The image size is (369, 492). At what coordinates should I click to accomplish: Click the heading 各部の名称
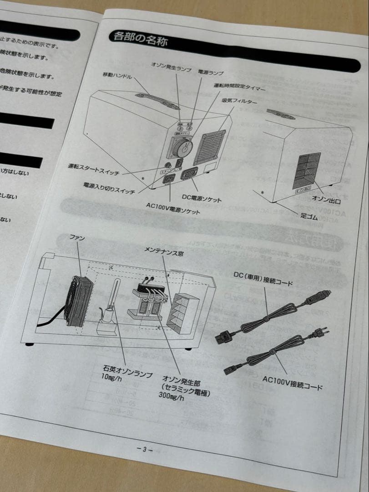click(x=138, y=40)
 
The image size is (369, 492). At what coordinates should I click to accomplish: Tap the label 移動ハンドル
click(x=117, y=76)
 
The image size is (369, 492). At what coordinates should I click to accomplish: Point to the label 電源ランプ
click(x=211, y=72)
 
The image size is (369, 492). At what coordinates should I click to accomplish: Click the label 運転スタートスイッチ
click(x=94, y=169)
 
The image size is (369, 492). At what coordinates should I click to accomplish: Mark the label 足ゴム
click(x=309, y=216)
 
